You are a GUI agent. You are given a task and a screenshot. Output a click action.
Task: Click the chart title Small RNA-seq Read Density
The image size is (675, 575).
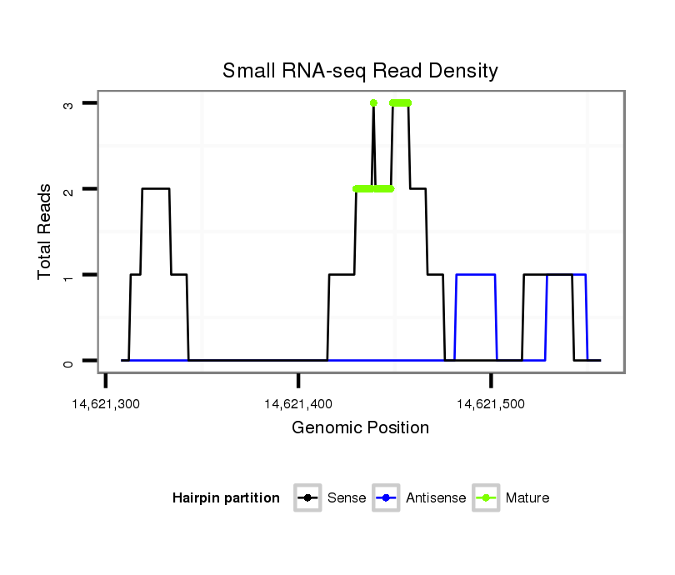360,71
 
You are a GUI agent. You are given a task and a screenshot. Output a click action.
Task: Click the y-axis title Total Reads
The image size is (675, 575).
47,232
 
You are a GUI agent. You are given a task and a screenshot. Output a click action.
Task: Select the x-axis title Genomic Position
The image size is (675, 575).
360,428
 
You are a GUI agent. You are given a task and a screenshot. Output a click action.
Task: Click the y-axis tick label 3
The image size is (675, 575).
68,103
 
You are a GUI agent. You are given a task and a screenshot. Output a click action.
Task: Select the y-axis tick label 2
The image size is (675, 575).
68,189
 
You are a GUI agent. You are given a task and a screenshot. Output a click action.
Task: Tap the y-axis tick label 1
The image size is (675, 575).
68,275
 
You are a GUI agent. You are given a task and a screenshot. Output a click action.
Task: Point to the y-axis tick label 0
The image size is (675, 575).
68,362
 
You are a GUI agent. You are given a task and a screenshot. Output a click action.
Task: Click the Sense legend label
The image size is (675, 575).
347,498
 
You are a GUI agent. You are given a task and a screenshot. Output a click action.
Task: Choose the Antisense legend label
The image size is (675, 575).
436,498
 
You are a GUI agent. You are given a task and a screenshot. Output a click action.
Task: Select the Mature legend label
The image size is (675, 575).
527,498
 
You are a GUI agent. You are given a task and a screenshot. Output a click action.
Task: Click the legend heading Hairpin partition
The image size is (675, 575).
226,498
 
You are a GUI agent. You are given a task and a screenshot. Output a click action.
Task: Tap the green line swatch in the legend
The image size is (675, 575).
486,498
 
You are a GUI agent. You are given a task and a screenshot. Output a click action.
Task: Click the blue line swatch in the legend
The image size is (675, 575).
387,498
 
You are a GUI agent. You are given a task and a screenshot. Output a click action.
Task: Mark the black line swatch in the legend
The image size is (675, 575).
307,498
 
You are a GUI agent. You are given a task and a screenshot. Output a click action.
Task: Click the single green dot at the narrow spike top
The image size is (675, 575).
373,102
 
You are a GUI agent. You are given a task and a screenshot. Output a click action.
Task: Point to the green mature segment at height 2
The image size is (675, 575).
373,189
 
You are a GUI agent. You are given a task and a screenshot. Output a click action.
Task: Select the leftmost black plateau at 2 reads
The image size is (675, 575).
156,189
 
